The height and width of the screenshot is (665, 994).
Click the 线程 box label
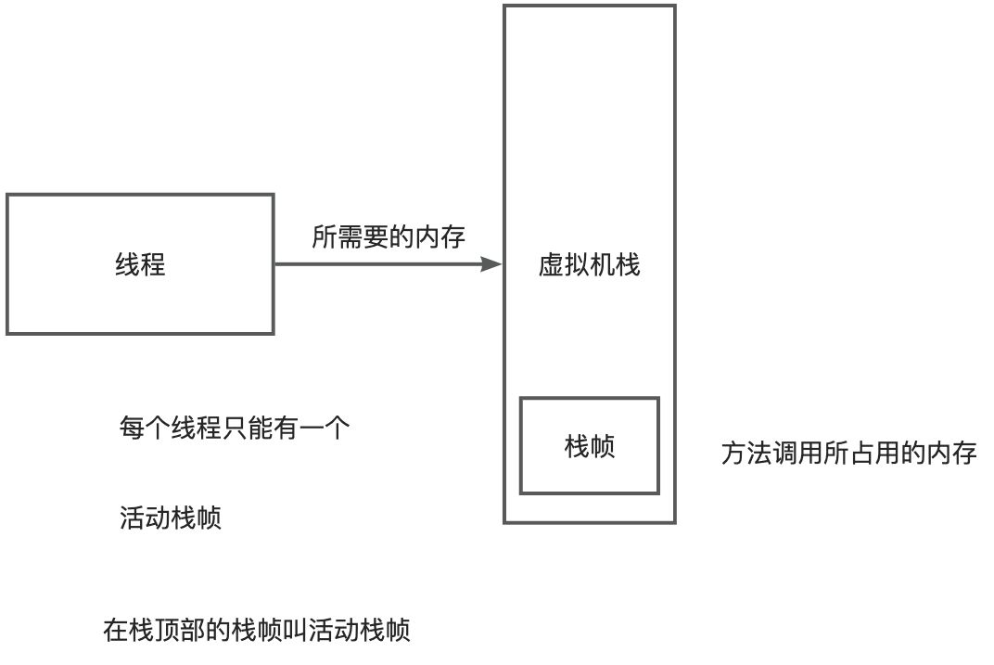140,265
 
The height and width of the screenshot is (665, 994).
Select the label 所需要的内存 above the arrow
389,237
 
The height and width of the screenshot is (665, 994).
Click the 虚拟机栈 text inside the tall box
590,266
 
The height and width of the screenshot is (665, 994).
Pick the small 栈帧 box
590,446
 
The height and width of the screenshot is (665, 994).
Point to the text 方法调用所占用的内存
848,454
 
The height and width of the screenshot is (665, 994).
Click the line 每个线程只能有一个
234,428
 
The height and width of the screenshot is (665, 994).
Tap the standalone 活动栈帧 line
171,518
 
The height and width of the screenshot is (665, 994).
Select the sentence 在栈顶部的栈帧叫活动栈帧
257,632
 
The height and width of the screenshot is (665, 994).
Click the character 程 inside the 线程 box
153,265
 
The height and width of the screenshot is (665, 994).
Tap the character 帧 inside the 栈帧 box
603,446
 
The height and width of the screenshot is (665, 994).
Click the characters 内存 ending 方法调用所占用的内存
951,454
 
